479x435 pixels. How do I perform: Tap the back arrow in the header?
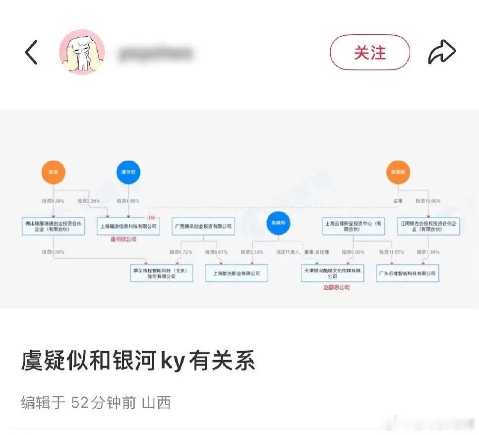pyautogui.click(x=31, y=52)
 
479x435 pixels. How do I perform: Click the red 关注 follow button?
pyautogui.click(x=370, y=52)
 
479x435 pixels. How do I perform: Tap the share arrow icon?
pyautogui.click(x=441, y=52)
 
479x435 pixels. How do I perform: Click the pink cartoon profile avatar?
pyautogui.click(x=82, y=52)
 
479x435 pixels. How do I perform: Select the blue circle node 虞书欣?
pyautogui.click(x=129, y=173)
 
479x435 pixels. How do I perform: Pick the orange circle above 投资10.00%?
pyautogui.click(x=399, y=173)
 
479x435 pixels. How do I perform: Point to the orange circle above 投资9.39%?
pyautogui.click(x=54, y=173)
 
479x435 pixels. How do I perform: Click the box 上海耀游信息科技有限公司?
pyautogui.click(x=128, y=226)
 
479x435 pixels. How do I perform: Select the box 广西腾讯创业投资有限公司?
pyautogui.click(x=203, y=226)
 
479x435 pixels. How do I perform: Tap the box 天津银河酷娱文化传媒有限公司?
pyautogui.click(x=332, y=273)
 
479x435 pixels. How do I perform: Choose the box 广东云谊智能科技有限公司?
pyautogui.click(x=408, y=273)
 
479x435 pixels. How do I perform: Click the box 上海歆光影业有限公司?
pyautogui.click(x=236, y=273)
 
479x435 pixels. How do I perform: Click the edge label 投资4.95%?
pyautogui.click(x=128, y=201)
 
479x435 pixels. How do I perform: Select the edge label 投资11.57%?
pyautogui.click(x=390, y=252)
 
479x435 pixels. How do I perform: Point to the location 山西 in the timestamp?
pyautogui.click(x=156, y=402)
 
